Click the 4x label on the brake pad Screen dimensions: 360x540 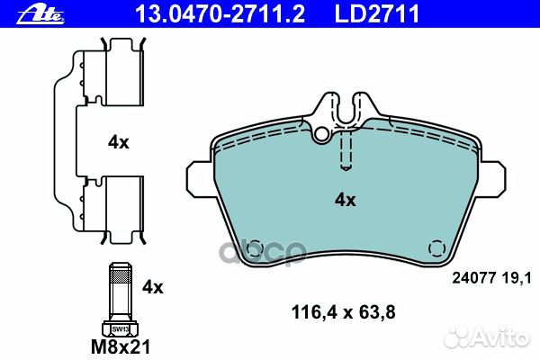(x=346, y=200)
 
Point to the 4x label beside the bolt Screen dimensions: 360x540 (x=153, y=287)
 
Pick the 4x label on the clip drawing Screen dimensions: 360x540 (x=119, y=142)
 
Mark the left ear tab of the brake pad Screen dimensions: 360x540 (x=200, y=176)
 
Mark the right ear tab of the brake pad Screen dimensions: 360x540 (x=492, y=176)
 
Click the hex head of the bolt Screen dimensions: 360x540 (x=119, y=325)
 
